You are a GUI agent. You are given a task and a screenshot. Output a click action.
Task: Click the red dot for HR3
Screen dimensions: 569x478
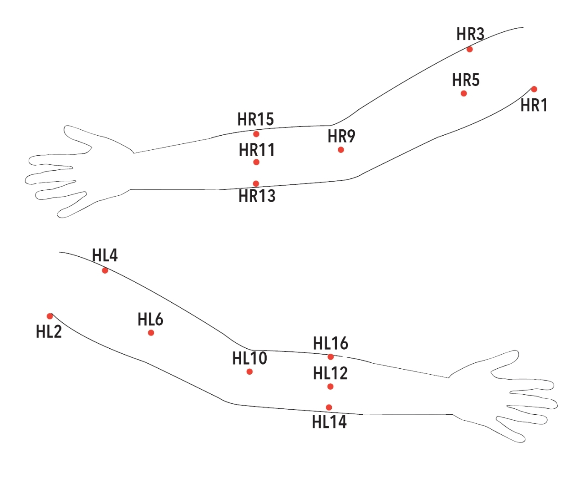[x=469, y=49]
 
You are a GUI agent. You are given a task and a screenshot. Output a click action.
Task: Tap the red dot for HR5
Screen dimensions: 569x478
[x=464, y=93]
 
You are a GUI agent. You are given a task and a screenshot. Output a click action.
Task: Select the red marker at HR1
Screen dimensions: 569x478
[x=534, y=89]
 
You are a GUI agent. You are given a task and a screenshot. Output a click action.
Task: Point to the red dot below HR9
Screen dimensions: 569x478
[x=340, y=150]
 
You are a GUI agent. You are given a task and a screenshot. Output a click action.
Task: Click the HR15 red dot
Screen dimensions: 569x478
[x=256, y=134]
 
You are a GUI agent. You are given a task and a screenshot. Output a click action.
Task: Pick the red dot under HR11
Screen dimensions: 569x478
[x=256, y=162]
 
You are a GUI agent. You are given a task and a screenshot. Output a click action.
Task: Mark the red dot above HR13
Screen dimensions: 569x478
[x=256, y=183]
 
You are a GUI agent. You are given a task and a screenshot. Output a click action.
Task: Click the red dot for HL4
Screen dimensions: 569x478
[x=105, y=270]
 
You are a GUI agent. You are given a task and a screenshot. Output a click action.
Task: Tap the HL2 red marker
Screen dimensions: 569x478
[x=50, y=316]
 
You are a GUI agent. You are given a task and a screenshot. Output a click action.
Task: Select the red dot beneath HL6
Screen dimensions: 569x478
[x=151, y=333]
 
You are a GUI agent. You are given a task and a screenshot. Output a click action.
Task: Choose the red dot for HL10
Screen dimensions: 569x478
[x=249, y=371]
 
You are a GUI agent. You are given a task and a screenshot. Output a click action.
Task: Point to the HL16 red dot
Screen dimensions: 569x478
[x=330, y=357]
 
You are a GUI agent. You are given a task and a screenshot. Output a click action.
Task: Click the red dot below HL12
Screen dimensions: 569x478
[x=330, y=386]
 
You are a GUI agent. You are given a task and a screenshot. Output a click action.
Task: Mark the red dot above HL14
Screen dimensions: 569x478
[x=329, y=407]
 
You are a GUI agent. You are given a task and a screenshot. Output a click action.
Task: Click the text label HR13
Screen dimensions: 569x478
[x=257, y=196]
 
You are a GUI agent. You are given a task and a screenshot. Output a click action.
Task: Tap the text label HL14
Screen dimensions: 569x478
[x=329, y=422]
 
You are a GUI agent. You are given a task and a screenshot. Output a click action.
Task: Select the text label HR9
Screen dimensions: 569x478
[x=341, y=136]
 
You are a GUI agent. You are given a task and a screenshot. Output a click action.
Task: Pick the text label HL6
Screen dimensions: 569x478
[x=150, y=320]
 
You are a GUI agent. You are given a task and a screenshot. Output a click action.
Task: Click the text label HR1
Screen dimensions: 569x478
[x=534, y=106]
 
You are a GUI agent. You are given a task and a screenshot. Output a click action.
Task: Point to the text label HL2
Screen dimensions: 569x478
[x=49, y=332]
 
